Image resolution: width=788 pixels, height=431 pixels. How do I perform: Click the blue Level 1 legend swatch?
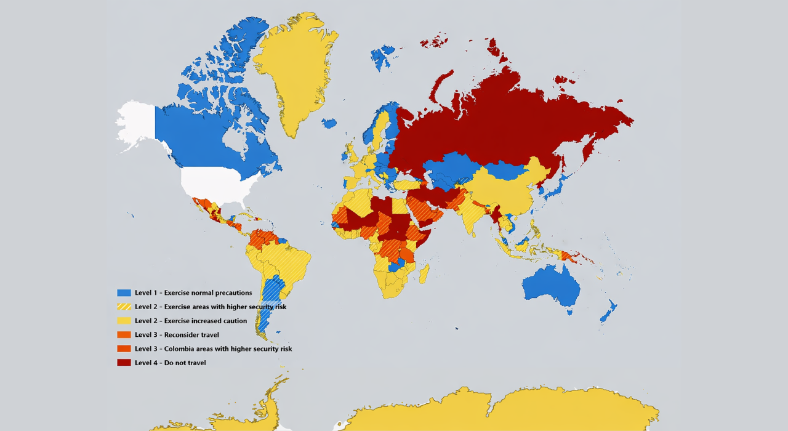click(124, 293)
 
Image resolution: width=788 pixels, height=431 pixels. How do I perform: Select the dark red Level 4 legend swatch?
click(124, 363)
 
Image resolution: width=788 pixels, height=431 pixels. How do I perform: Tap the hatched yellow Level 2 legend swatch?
click(124, 307)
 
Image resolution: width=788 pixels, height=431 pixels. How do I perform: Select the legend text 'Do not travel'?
click(185, 363)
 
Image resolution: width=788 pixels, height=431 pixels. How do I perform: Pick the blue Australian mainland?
click(551, 286)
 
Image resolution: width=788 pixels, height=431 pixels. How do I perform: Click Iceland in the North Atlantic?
click(329, 124)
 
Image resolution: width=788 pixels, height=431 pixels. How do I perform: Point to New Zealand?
click(608, 311)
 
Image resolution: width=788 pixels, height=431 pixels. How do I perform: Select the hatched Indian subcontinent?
click(471, 212)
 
